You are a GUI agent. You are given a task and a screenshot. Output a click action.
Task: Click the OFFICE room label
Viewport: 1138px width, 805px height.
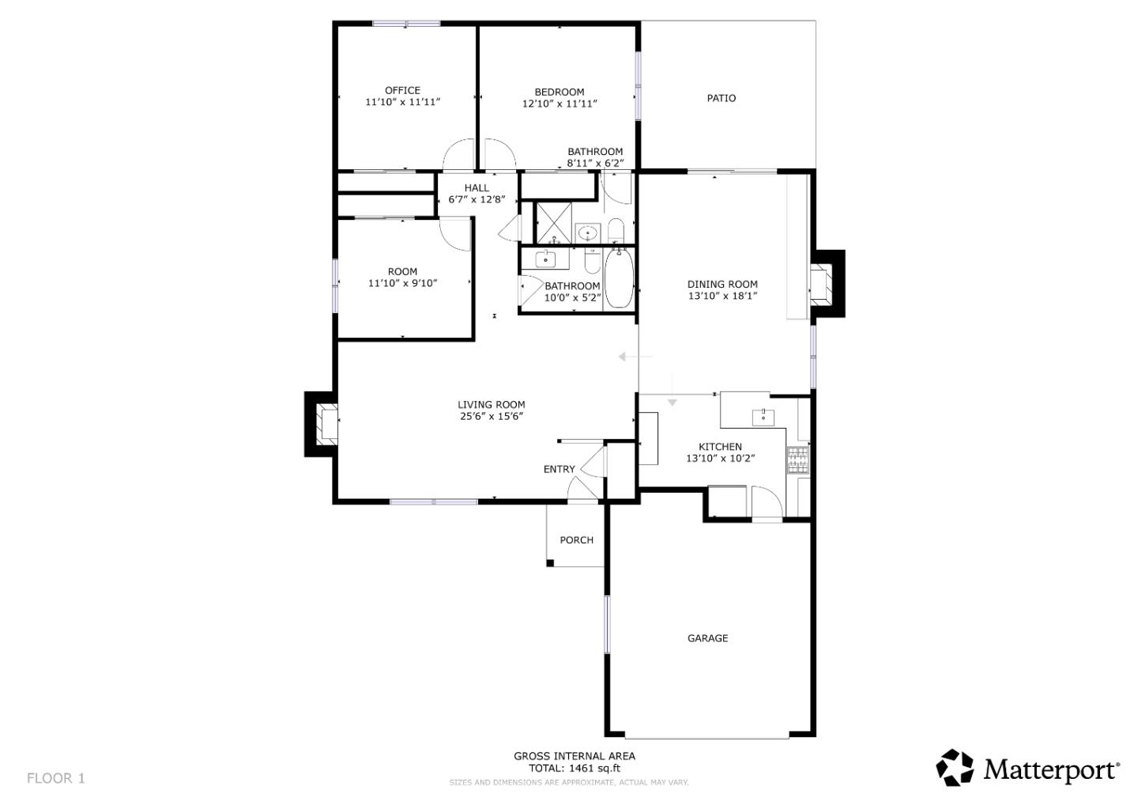tap(402, 90)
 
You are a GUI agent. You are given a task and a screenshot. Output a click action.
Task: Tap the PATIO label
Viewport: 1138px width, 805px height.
tap(721, 98)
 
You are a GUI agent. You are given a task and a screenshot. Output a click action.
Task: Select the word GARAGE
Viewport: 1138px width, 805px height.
tap(707, 638)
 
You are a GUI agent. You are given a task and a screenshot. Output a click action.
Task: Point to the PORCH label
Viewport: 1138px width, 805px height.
tap(576, 540)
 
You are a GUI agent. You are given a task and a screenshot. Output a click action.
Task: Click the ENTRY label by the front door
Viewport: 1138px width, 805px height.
tap(559, 469)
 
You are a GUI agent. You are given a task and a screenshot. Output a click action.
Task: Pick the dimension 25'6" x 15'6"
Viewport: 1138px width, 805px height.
tap(491, 416)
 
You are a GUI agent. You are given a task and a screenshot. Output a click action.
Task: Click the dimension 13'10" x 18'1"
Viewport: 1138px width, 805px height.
tap(722, 296)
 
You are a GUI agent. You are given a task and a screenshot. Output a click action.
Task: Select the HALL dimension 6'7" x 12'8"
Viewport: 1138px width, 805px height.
tap(477, 199)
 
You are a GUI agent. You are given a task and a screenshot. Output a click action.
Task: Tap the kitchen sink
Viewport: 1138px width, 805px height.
tap(763, 416)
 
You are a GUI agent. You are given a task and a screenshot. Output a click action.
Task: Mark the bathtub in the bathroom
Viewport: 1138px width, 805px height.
tap(618, 278)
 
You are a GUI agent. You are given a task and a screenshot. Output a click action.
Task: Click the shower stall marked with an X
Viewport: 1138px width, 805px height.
tap(555, 223)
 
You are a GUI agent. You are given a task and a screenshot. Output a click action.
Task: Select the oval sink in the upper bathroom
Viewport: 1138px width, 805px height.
tap(587, 233)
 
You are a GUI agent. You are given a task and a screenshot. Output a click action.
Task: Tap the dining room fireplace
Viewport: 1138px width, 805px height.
tap(823, 284)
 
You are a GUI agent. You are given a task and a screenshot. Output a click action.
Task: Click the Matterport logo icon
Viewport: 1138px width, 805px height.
tap(955, 768)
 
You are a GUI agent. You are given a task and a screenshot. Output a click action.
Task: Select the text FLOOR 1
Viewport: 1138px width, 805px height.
tap(55, 778)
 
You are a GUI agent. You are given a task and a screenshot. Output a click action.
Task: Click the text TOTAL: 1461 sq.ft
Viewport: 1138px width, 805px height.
tap(574, 768)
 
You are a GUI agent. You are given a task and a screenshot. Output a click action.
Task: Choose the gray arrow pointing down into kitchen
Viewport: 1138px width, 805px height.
tap(673, 401)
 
